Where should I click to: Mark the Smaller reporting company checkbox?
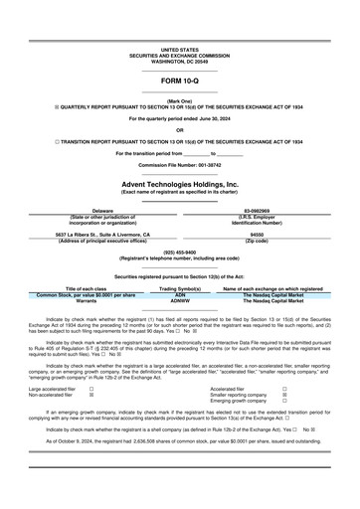[285, 396]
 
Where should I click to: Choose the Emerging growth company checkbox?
[285, 403]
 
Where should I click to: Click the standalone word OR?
[179, 130]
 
